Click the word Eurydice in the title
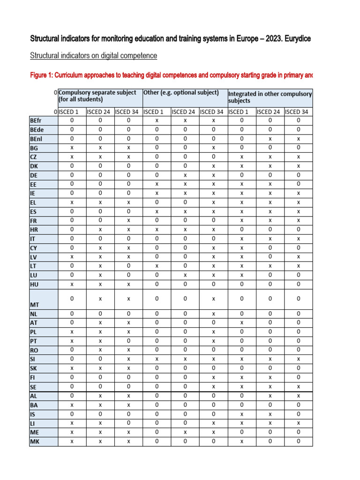(294, 38)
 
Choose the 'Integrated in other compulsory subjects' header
(270, 97)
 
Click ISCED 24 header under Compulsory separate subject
(100, 112)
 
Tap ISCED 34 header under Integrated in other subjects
(298, 112)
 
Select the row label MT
(34, 305)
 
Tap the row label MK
(34, 441)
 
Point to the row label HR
(33, 230)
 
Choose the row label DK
(33, 166)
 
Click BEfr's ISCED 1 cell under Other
(157, 120)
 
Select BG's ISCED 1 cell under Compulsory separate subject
(72, 148)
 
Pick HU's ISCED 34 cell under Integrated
(298, 284)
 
